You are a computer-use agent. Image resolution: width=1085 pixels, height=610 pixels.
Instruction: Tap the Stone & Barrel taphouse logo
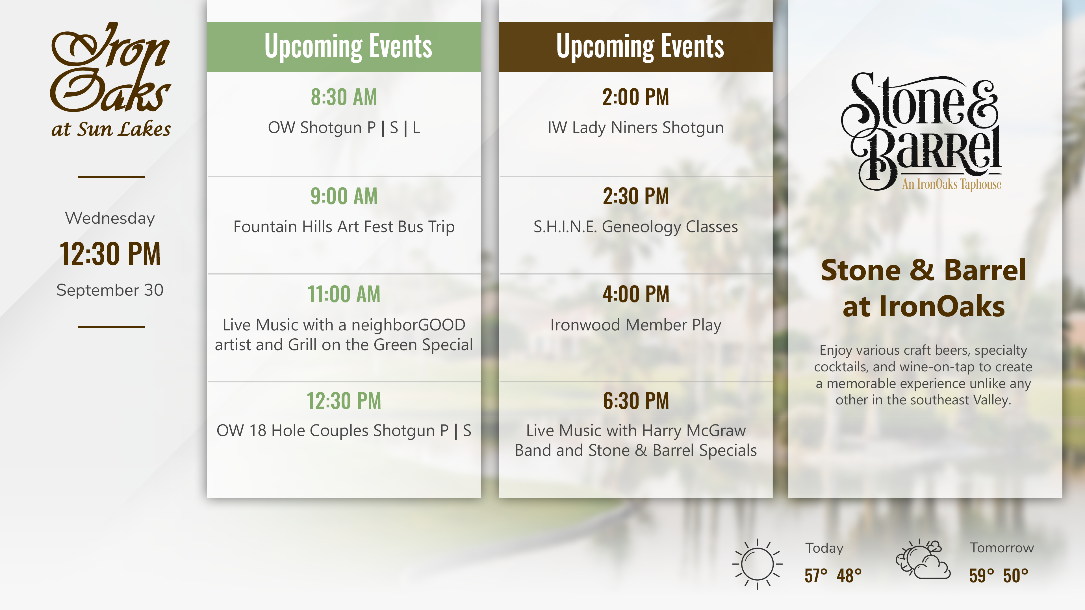click(x=922, y=131)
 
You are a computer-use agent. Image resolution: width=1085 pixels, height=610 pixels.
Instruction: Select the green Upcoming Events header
click(x=344, y=46)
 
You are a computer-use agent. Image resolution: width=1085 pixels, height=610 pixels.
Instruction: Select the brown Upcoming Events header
click(x=635, y=46)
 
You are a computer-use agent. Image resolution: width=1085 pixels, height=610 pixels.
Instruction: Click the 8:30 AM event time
click(x=344, y=97)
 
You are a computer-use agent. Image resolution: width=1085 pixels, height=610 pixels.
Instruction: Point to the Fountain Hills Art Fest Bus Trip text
click(x=344, y=227)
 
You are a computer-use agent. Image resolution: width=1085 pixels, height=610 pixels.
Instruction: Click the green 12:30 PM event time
click(x=344, y=401)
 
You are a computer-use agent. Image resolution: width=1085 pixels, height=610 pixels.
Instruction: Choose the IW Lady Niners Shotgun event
click(x=635, y=128)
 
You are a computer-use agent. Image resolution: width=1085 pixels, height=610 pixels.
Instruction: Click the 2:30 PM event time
click(x=635, y=196)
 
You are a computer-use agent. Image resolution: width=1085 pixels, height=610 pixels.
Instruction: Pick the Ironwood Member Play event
click(x=635, y=325)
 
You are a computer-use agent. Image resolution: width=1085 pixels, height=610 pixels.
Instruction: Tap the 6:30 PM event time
click(x=635, y=401)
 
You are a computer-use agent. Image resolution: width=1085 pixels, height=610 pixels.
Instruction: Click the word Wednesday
click(x=110, y=218)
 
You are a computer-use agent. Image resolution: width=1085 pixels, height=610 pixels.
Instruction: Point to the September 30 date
click(x=110, y=290)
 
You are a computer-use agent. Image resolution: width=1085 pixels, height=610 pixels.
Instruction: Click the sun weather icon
click(x=757, y=564)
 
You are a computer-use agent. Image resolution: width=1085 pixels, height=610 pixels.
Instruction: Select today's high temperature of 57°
click(x=816, y=576)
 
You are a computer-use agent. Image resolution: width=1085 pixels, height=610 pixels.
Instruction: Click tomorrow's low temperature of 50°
click(x=1015, y=576)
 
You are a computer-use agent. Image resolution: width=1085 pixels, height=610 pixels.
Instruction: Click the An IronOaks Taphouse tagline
click(x=951, y=184)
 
